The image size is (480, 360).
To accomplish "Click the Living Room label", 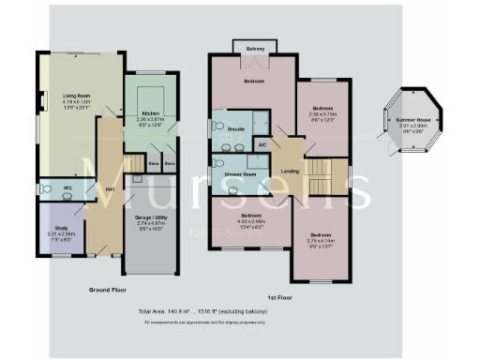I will [77, 96].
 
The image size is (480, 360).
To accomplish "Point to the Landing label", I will [292, 170].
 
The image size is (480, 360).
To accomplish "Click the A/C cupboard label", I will [262, 145].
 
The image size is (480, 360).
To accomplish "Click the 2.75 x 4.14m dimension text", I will [321, 241].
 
